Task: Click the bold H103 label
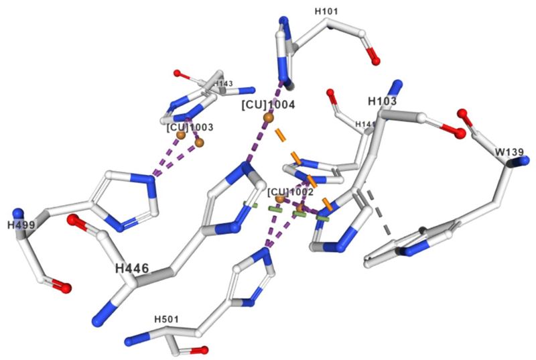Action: [383, 101]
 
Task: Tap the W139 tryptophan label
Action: [507, 152]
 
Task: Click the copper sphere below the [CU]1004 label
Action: [268, 118]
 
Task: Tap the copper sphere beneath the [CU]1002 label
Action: [279, 200]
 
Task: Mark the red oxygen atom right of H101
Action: [375, 62]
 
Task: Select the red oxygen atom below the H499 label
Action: [66, 288]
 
